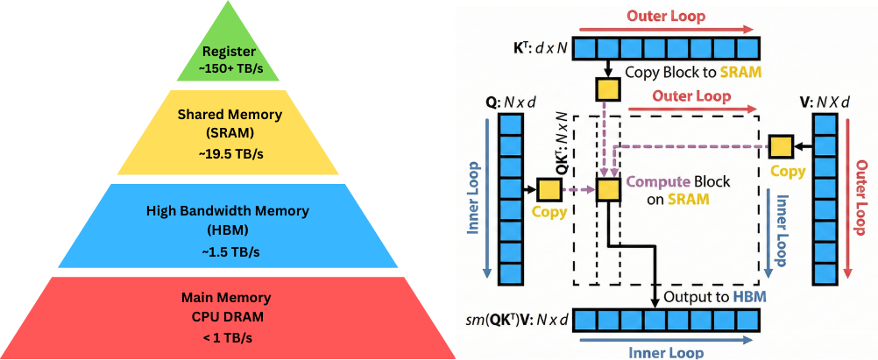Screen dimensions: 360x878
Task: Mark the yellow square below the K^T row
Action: pyautogui.click(x=607, y=89)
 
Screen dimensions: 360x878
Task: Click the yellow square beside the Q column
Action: pyautogui.click(x=549, y=189)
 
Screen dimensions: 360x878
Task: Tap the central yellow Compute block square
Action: pyautogui.click(x=607, y=189)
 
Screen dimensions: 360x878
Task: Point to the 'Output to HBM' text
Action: pyautogui.click(x=710, y=298)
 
